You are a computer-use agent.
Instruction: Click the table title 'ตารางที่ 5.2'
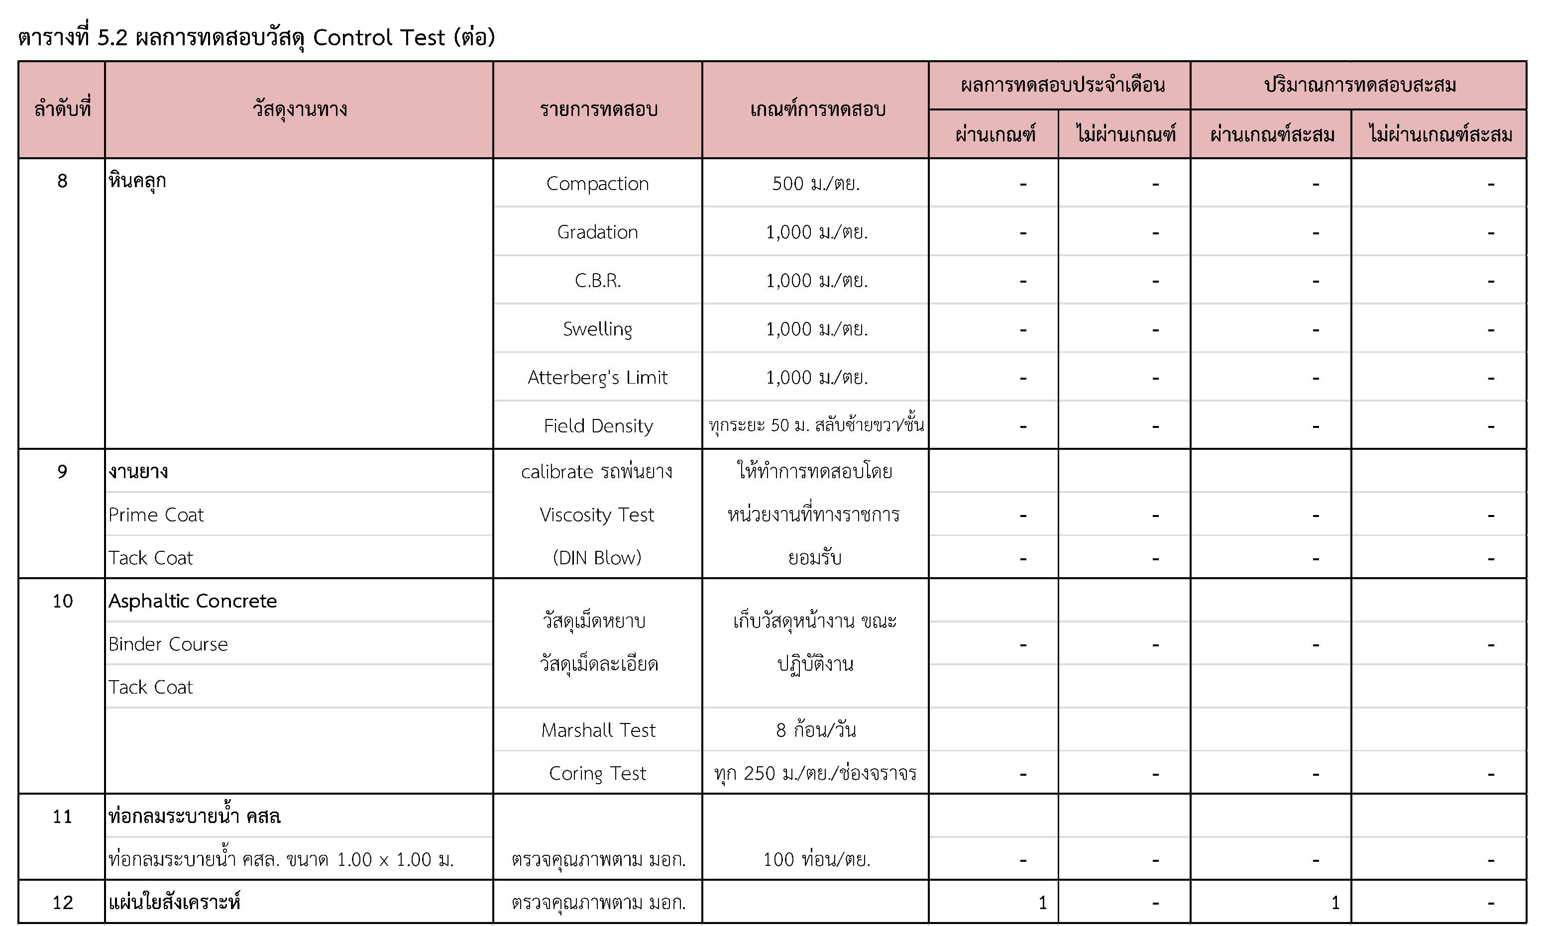click(72, 38)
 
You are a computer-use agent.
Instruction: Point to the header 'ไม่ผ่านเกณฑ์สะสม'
click(1439, 135)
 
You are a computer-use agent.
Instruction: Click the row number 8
click(62, 181)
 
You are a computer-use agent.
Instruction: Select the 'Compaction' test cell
click(597, 184)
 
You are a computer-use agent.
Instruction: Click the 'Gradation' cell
click(597, 232)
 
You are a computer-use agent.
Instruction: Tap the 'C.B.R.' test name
click(597, 281)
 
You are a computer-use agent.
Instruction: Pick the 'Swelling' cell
click(597, 329)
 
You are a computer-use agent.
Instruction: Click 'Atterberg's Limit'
click(597, 378)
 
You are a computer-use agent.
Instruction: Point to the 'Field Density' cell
click(598, 426)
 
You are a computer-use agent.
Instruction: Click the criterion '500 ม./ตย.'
click(816, 184)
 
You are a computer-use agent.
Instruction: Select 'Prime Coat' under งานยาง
click(156, 515)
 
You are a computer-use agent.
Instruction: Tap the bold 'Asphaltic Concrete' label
click(192, 601)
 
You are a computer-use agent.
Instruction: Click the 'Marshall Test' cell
click(598, 730)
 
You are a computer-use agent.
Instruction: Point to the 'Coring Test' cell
click(597, 773)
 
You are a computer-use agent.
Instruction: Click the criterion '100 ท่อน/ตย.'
click(816, 860)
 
